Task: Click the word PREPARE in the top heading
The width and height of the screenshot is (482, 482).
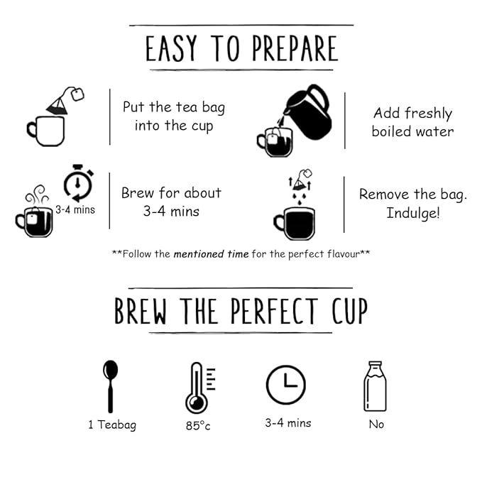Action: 295,48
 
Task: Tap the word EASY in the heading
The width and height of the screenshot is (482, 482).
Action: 171,48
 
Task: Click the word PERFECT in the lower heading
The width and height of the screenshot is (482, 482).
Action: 274,311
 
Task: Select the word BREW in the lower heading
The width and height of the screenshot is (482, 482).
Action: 141,311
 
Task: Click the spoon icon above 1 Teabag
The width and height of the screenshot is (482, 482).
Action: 110,386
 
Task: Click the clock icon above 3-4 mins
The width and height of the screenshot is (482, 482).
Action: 286,385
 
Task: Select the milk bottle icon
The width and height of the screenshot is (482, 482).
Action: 375,386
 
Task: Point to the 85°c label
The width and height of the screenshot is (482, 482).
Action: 198,426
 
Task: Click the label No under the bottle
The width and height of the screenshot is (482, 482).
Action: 376,425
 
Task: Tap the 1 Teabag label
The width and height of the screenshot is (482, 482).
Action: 112,425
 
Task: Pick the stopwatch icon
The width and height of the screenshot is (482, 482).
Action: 78,183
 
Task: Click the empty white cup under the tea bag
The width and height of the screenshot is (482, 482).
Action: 46,131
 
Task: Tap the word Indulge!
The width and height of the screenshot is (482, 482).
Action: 413,214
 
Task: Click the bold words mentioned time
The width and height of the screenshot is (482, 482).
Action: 211,254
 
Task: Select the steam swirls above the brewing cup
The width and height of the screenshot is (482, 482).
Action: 37,195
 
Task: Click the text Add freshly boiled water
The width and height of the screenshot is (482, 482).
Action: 412,122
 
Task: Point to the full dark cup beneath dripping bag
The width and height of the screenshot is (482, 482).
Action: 294,224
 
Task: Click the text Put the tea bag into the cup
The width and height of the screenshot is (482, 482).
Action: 174,116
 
